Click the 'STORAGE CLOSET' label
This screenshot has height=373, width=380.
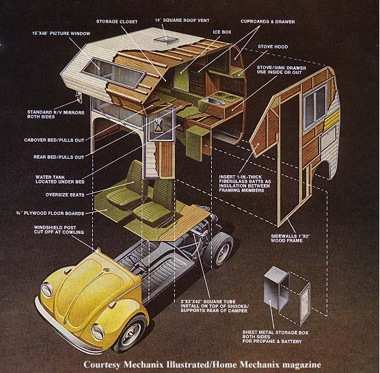[117, 22]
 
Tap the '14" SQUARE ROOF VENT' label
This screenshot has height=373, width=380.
[182, 21]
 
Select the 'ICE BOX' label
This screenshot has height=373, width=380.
[222, 32]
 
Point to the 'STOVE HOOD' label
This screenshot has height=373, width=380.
[273, 47]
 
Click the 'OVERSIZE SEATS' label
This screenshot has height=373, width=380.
[65, 195]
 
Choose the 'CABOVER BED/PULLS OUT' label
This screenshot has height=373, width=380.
[54, 140]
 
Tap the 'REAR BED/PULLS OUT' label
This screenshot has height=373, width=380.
[59, 157]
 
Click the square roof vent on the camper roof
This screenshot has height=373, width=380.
[167, 40]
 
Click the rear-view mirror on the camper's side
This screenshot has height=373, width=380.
[79, 97]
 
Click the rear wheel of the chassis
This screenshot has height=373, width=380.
[219, 250]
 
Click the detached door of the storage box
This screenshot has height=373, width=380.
[305, 304]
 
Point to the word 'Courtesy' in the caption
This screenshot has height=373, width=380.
[102, 365]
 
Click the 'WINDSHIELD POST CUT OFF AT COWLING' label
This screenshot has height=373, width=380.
[59, 230]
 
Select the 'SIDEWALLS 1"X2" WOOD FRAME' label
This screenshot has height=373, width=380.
[290, 238]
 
